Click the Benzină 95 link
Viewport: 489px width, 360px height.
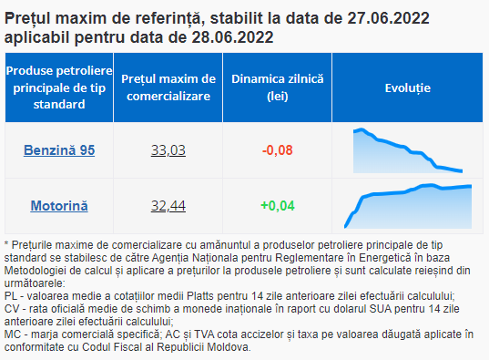click(59, 150)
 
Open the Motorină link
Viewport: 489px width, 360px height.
click(59, 206)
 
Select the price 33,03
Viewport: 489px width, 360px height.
click(168, 150)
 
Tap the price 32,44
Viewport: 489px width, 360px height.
click(168, 206)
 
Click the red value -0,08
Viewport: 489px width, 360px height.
click(277, 150)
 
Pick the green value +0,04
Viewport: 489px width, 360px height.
click(277, 206)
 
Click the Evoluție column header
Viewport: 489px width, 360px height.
click(408, 87)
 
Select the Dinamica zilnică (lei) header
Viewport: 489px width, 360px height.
click(277, 87)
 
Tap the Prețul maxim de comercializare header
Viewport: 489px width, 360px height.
click(168, 87)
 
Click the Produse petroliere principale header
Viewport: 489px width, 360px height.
click(59, 87)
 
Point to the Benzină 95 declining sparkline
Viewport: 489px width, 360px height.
click(408, 150)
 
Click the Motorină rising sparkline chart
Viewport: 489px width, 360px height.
click(408, 206)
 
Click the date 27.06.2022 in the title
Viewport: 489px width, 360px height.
click(388, 18)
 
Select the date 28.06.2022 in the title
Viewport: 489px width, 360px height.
click(232, 37)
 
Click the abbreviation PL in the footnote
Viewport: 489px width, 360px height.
click(12, 295)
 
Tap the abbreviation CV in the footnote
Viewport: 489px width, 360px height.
click(12, 308)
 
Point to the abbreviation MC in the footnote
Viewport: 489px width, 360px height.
click(13, 334)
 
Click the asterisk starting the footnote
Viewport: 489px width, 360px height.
click(6, 243)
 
